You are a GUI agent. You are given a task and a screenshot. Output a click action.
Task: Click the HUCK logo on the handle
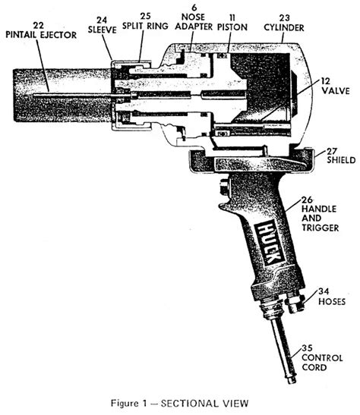pos(270,243)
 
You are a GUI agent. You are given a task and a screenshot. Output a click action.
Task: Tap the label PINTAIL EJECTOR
pos(41,35)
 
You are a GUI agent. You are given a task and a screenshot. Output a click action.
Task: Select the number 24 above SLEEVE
pos(102,20)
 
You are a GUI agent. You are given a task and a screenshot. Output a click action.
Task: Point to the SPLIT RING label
pos(145,26)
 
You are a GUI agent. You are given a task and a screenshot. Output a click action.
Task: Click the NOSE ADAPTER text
pos(194,22)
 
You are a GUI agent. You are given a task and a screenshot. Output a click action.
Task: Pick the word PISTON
pos(232,27)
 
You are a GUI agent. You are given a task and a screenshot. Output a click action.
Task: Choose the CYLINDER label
pos(284,28)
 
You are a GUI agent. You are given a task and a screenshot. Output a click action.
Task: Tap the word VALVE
pos(336,91)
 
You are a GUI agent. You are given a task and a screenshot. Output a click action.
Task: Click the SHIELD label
pos(341,160)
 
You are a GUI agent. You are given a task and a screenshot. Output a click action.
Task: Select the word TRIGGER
pos(320,228)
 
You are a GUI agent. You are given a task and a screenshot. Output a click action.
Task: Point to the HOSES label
pos(332,301)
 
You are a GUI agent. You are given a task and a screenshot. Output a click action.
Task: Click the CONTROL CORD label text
pos(322,363)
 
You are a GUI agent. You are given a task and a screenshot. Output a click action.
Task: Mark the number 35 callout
pos(307,348)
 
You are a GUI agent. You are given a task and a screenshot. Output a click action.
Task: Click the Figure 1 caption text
pos(179,404)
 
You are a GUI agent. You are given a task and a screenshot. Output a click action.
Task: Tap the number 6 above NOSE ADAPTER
pos(194,8)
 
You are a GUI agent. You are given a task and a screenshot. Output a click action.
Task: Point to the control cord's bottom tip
pos(292,381)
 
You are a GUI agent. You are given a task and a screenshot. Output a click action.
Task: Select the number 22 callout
pos(38,25)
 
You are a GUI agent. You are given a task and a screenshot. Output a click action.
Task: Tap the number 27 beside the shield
pos(332,151)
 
